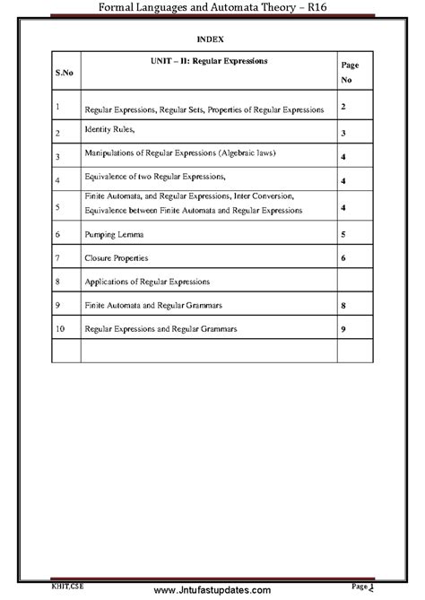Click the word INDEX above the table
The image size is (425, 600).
click(x=212, y=39)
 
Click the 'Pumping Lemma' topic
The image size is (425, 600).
click(x=115, y=234)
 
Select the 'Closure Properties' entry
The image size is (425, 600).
click(x=117, y=258)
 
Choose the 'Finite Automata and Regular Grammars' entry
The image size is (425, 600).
click(x=152, y=306)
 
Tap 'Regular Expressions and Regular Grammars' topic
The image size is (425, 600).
click(x=160, y=329)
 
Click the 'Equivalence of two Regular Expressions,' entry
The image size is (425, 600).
click(x=154, y=177)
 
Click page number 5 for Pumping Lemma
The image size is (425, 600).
click(x=343, y=234)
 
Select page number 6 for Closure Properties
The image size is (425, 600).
click(x=343, y=258)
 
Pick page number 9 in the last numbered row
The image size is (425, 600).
click(x=343, y=329)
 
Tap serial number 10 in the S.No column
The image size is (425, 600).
click(x=59, y=329)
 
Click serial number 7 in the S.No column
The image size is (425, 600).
click(x=57, y=258)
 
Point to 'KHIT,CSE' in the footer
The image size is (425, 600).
click(x=63, y=585)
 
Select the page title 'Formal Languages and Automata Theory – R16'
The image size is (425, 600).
click(x=212, y=8)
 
